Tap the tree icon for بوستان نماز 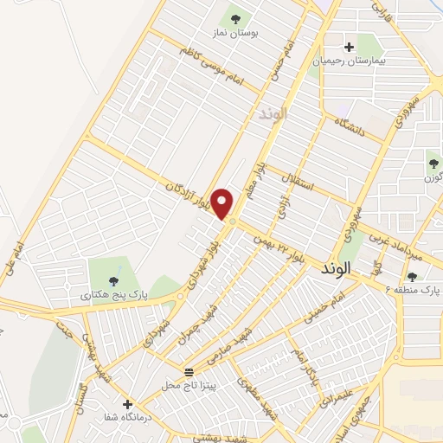pyautogui.click(x=235, y=18)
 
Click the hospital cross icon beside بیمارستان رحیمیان pyautogui.click(x=349, y=47)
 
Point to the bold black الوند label pyautogui.click(x=340, y=268)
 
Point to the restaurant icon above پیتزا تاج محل pyautogui.click(x=189, y=369)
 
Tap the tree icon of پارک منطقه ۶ pyautogui.click(x=412, y=276)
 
